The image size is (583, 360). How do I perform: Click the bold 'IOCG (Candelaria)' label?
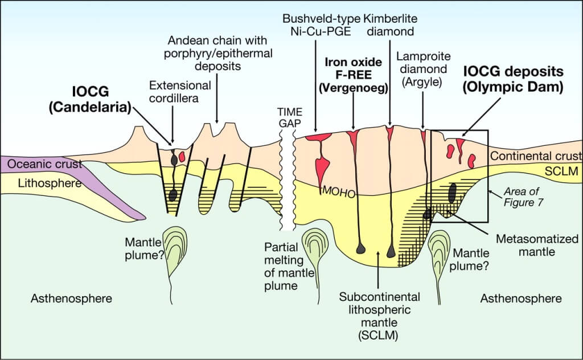click(102, 99)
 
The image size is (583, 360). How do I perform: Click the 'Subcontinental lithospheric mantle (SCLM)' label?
click(379, 316)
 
